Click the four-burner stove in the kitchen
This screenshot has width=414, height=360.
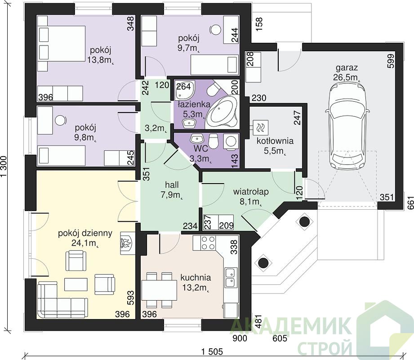208,243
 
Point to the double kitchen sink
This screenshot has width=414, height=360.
231,277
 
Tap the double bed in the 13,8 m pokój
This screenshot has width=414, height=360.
62,48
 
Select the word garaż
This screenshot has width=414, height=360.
347,67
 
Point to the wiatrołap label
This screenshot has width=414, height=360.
251,191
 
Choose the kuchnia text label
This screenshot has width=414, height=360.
196,278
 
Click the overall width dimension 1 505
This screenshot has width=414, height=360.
212,351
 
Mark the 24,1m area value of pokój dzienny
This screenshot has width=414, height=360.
85,243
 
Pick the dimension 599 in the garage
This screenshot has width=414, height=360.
391,61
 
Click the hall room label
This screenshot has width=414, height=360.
172,184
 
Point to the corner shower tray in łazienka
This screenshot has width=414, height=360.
184,90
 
